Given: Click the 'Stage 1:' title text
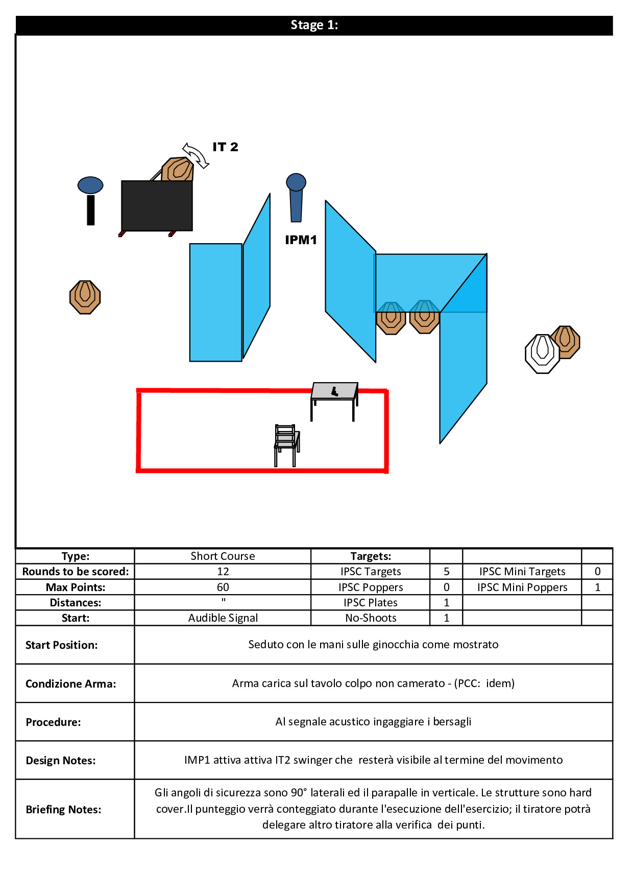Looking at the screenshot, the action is click(x=314, y=25).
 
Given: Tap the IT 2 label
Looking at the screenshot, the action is click(x=225, y=147).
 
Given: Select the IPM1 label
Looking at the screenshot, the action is click(x=301, y=240).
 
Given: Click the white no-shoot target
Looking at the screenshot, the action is click(x=542, y=353).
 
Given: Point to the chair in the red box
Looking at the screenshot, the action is click(x=286, y=445).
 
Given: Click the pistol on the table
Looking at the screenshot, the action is click(x=335, y=391).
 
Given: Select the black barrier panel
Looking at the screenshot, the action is click(x=157, y=206).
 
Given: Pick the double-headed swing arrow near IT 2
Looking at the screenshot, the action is click(x=196, y=155).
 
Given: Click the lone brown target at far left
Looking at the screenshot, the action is click(x=85, y=297).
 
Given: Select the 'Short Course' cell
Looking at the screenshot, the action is click(x=223, y=556).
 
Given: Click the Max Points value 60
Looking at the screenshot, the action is click(x=223, y=587).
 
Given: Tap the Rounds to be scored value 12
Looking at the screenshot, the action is click(x=223, y=571).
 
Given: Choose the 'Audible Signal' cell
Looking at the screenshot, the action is click(x=223, y=618).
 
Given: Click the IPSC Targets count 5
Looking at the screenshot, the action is click(x=447, y=571).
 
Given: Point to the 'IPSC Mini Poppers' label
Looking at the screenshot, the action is click(x=522, y=587).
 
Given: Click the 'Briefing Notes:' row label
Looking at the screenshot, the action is click(x=63, y=809).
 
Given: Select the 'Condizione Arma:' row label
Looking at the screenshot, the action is click(x=71, y=683).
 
